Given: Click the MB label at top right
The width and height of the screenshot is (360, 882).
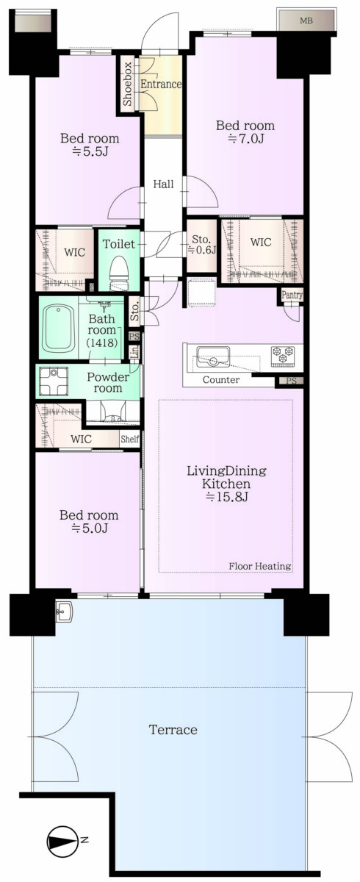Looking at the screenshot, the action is coord(306,21).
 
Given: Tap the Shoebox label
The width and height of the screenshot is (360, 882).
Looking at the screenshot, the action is coord(128,84).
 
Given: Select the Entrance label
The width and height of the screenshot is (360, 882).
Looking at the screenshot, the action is coord(161,84).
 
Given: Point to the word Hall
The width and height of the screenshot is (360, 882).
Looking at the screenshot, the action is coord(163,184).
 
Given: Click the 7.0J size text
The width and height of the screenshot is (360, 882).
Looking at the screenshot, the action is coord(246,139).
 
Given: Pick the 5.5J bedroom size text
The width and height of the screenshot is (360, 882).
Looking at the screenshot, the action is coord(90,151).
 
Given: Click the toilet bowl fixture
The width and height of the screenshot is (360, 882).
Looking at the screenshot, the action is coord(118,273).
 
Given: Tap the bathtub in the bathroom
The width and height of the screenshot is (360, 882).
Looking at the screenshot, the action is coord(59,328).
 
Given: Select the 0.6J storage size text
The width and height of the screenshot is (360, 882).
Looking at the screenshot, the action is coord(202,250).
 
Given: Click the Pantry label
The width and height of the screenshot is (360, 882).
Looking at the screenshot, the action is coord(292,295).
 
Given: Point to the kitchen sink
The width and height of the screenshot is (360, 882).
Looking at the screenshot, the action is coord(213,356).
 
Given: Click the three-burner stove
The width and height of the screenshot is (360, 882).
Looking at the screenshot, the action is coord(282,355).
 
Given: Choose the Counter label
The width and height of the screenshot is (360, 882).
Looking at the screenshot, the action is coord(221,380).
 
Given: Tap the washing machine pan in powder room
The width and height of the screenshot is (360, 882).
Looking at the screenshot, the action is coord(54,381).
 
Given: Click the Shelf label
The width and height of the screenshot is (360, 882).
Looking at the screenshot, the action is coord(129,439).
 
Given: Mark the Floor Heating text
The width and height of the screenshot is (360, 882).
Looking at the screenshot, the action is coord(260,566).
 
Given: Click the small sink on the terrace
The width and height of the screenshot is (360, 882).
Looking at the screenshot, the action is coord(62,612).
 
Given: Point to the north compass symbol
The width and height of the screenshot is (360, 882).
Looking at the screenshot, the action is coord(62,840).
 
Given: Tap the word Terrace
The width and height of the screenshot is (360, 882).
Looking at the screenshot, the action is coord(173,730).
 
